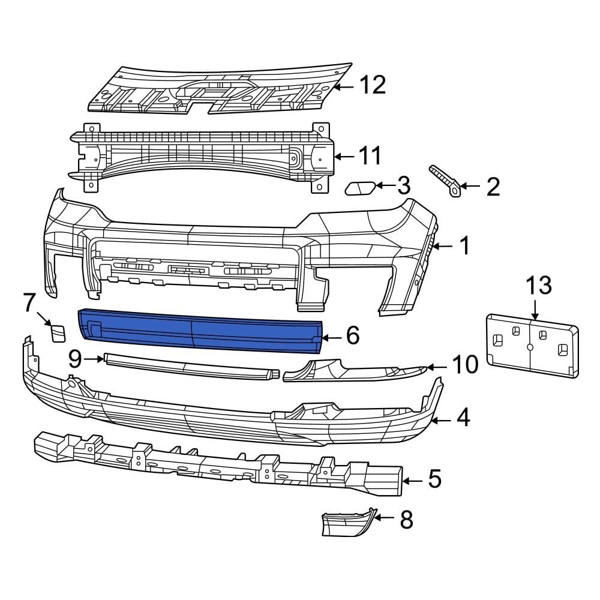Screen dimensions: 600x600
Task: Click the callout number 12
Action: pos(373,85)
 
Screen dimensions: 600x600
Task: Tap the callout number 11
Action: pos(370,156)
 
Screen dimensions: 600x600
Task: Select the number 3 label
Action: pos(404,186)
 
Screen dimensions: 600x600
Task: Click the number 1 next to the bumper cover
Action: pos(464,245)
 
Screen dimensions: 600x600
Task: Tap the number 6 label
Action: pos(353,336)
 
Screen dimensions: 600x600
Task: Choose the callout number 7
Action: pos(30,303)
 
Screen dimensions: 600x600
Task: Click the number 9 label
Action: pos(75,359)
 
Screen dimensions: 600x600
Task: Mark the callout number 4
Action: pos(463,419)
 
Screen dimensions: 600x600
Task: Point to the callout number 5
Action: pos(434,479)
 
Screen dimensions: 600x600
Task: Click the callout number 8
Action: pos(406,520)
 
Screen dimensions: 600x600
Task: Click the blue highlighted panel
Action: pos(198,328)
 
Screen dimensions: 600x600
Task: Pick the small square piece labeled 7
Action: pos(58,332)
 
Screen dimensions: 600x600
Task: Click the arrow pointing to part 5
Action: pos(413,480)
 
